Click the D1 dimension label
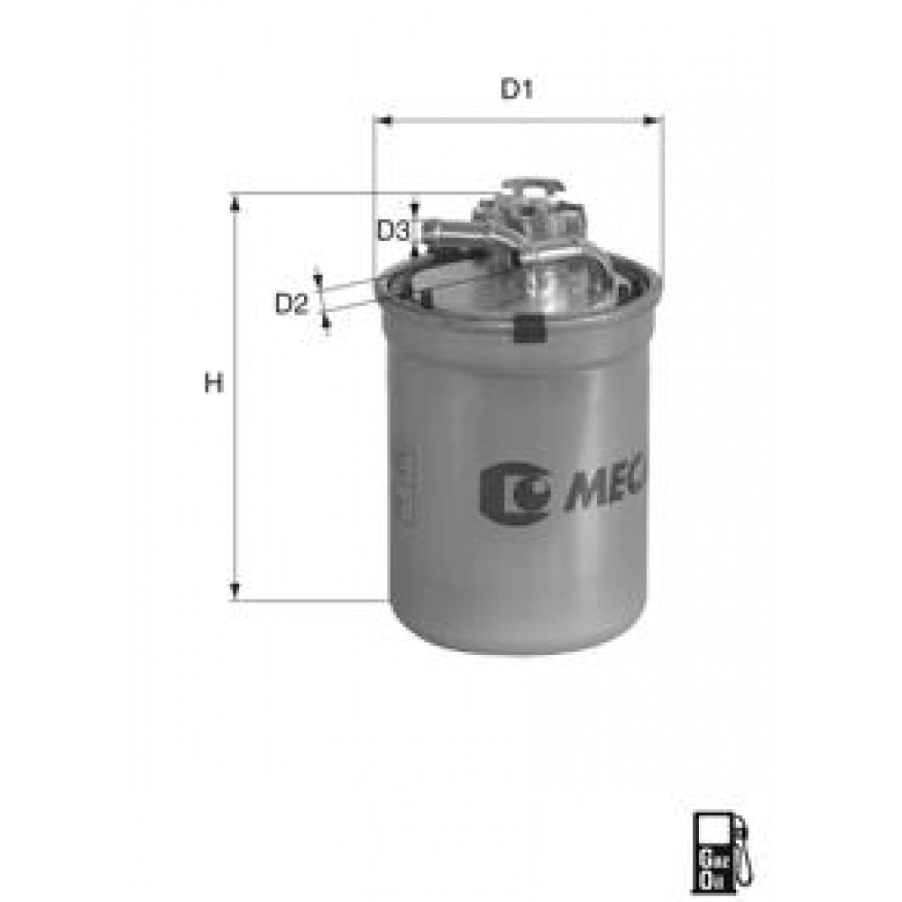point(518,90)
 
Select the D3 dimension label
point(393,231)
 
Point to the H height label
point(213,385)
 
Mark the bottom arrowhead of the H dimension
point(235,592)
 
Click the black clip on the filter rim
point(529,329)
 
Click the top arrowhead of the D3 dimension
point(415,202)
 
